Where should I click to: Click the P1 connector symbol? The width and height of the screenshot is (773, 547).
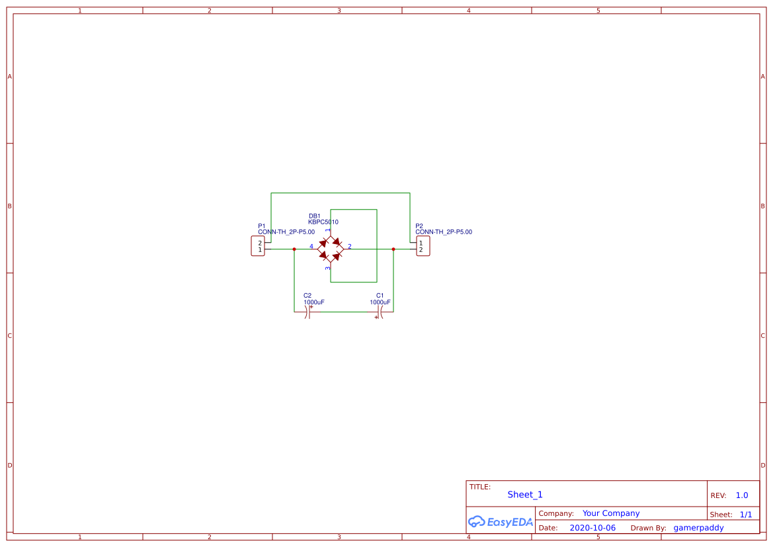point(258,246)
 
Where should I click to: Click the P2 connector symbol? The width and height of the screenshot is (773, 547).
point(423,246)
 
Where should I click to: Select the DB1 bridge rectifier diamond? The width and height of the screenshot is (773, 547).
point(330,249)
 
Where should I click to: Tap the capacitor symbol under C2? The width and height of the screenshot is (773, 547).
point(308,312)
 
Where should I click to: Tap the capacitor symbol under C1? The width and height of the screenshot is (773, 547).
point(380,312)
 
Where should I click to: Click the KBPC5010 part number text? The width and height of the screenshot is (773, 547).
point(323,222)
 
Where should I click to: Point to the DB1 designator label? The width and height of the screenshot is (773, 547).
point(315,216)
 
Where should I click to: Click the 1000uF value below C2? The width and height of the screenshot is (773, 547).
point(314,302)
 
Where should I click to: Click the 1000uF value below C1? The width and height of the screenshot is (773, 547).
point(380,302)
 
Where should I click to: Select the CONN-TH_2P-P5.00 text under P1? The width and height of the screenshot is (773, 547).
point(286,232)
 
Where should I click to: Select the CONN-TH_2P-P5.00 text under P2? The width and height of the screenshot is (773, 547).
point(444,232)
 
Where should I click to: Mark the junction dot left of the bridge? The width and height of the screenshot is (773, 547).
point(294,249)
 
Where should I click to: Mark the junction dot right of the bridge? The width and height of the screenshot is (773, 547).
point(393,249)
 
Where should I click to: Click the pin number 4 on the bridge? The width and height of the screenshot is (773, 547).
point(311,247)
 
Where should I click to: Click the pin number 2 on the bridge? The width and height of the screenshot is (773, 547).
point(350,247)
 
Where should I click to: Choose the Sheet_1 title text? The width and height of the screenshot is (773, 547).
point(525,495)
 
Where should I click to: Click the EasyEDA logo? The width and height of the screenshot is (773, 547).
point(501,522)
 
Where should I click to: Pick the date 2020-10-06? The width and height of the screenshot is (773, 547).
point(592,528)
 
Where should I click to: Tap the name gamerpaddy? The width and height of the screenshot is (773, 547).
point(698,528)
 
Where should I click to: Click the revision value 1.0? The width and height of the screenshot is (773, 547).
point(742,495)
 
